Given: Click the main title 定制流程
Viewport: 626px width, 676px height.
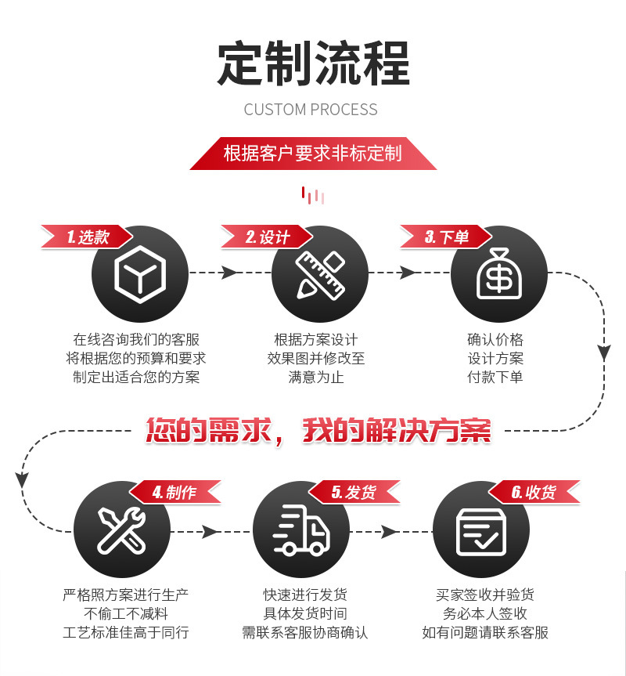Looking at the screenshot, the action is click(313, 64).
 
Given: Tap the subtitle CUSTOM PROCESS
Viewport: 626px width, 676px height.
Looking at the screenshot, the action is click(311, 110).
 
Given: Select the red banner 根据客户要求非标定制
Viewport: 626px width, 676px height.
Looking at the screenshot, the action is click(313, 153).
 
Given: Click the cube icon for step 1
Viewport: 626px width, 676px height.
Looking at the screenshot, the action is click(140, 273).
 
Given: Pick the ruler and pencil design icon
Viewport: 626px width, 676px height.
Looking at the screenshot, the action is click(320, 273).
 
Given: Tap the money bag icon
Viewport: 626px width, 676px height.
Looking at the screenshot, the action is click(499, 273).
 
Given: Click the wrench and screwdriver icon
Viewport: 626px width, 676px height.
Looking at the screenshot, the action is click(121, 530).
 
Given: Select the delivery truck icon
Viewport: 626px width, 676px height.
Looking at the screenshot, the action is click(301, 530).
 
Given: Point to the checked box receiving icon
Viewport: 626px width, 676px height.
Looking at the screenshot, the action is click(480, 530).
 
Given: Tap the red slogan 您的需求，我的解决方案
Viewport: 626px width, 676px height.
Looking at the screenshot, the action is click(318, 430).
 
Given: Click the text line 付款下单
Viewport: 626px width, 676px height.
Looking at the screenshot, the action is click(495, 377).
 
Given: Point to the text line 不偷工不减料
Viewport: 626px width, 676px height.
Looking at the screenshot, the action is click(126, 613).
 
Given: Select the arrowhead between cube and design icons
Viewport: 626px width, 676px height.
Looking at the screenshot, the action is click(229, 273).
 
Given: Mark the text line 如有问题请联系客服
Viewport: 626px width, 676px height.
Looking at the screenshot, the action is click(485, 632).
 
